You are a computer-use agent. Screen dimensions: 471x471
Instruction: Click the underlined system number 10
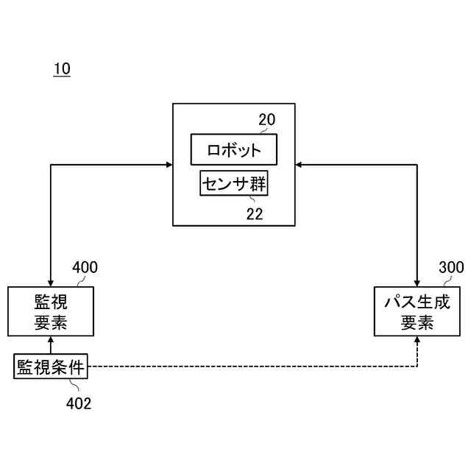click(62, 69)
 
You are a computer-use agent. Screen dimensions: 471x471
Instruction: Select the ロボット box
click(234, 150)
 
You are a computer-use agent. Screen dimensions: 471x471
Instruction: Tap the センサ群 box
click(234, 184)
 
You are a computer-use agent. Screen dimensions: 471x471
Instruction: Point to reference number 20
click(266, 120)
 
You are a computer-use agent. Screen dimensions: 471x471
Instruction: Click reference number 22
click(254, 214)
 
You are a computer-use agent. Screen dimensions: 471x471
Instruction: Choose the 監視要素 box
click(51, 311)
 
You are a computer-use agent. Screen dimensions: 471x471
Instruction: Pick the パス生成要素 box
click(417, 311)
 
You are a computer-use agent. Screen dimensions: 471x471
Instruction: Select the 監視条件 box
click(51, 366)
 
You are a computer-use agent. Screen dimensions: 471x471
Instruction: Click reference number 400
click(85, 267)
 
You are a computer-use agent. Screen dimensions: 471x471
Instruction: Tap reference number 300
click(451, 267)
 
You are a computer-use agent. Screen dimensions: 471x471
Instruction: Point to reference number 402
click(79, 403)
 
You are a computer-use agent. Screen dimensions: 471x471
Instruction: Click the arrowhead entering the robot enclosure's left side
click(168, 164)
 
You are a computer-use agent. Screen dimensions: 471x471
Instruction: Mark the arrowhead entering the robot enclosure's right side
click(300, 164)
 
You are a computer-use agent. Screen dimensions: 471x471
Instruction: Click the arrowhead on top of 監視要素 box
click(51, 283)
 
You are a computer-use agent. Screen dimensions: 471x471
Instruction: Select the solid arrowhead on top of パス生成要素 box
click(417, 283)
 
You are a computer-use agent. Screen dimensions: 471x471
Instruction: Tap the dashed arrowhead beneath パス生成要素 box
click(417, 341)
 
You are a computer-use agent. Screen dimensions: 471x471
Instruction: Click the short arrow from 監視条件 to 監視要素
click(51, 346)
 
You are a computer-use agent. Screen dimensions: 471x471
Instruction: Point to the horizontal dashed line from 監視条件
click(250, 366)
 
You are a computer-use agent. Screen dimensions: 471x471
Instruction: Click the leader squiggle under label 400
click(77, 280)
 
